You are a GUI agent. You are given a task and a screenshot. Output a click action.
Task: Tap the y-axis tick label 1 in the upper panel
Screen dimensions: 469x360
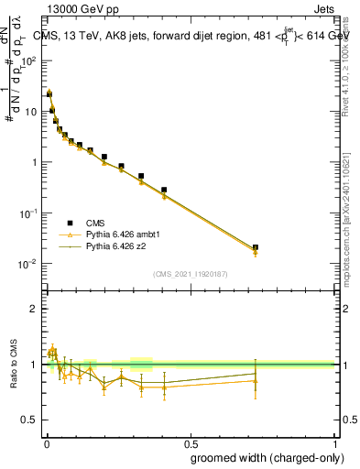(36, 162)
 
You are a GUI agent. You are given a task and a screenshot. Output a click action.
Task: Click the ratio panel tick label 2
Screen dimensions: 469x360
(35, 309)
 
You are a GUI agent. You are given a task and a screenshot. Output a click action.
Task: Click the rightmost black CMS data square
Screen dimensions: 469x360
(256, 247)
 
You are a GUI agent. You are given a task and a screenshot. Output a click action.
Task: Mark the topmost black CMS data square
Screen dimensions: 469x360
(49, 93)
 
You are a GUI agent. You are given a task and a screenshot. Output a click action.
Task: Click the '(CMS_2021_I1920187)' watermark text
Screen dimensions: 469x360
(190, 274)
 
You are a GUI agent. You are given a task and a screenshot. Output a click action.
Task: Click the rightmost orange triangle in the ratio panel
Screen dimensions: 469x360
(256, 380)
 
